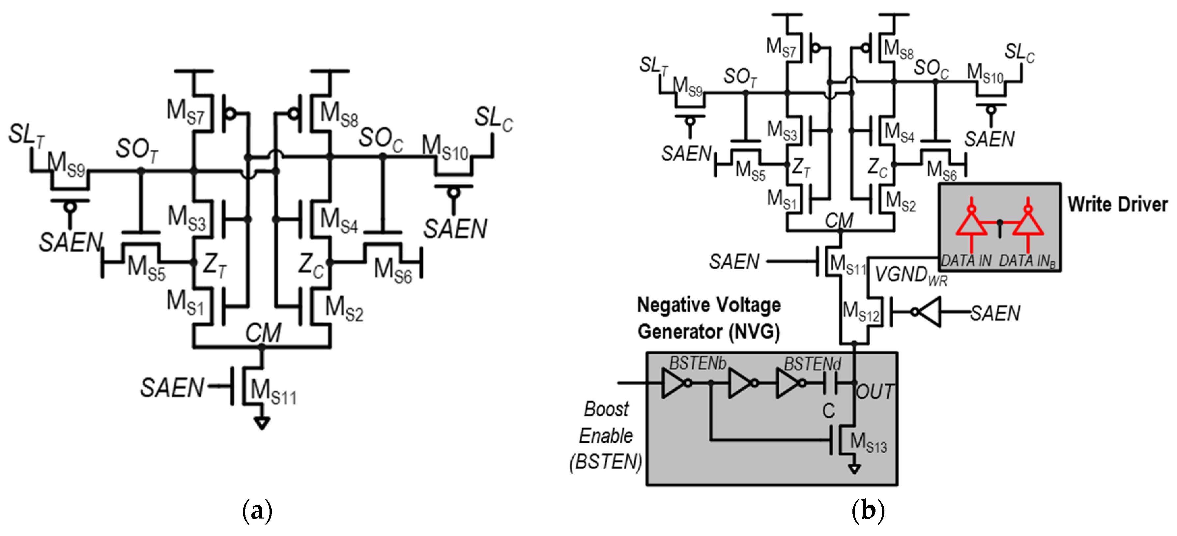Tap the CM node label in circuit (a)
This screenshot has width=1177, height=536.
(x=263, y=332)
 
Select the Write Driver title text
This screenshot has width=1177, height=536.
(x=1117, y=204)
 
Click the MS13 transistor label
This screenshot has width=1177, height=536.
(x=868, y=443)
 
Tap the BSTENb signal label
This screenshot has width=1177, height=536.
(x=697, y=364)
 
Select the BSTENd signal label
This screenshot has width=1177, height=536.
(x=812, y=365)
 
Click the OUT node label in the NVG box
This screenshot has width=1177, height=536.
(x=875, y=392)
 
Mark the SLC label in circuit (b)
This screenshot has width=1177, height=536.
(x=1019, y=53)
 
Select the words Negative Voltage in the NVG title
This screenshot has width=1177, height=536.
(x=709, y=305)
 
